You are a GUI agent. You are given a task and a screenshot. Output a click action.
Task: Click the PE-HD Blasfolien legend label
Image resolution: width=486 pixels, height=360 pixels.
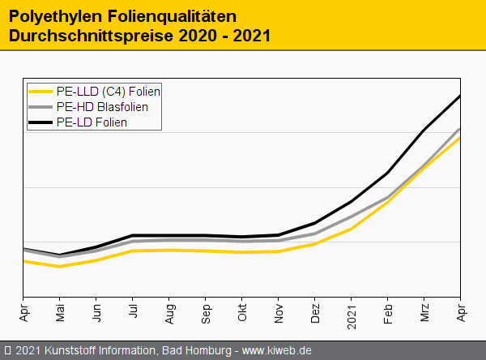[x=102, y=106]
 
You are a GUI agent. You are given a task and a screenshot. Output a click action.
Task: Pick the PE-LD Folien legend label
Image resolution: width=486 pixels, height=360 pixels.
[x=92, y=122]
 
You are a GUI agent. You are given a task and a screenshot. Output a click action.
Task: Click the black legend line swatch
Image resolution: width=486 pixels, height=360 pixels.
[x=40, y=122]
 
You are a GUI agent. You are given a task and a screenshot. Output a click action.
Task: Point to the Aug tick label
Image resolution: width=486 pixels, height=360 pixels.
[x=169, y=311]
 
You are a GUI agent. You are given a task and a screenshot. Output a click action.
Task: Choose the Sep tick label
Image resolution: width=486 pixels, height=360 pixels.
[x=206, y=311]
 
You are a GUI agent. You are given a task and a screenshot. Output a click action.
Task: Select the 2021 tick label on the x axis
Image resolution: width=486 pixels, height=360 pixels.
[x=352, y=313]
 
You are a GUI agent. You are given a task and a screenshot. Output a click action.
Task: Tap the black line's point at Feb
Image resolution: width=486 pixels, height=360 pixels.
[x=388, y=173]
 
